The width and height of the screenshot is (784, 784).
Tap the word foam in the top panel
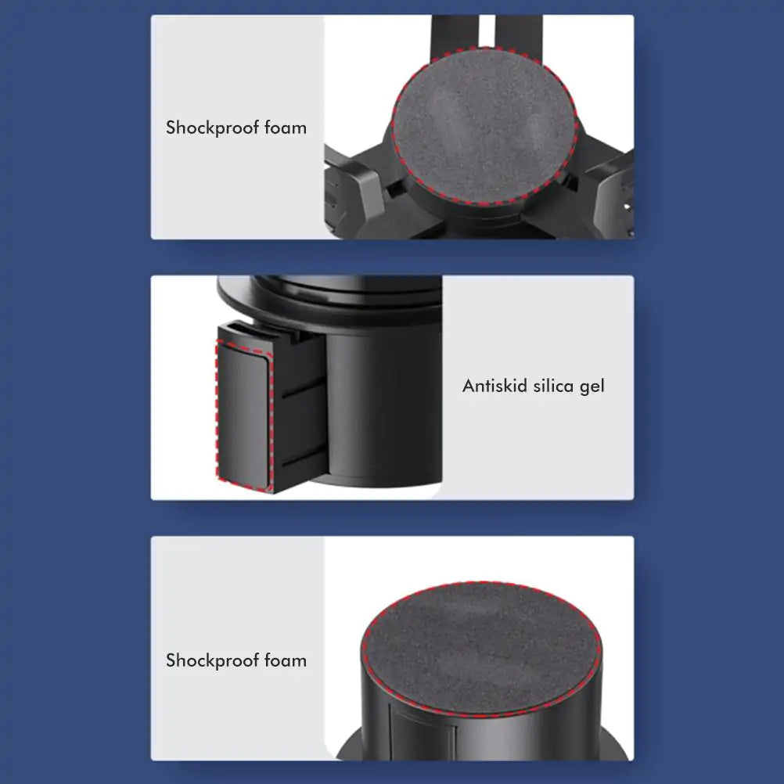284,127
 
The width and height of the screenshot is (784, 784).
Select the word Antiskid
494,386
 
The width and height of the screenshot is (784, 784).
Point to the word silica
555,386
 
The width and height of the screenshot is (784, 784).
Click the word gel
592,387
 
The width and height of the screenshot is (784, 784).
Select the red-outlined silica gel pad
243,410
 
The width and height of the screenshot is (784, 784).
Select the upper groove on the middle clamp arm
304,387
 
